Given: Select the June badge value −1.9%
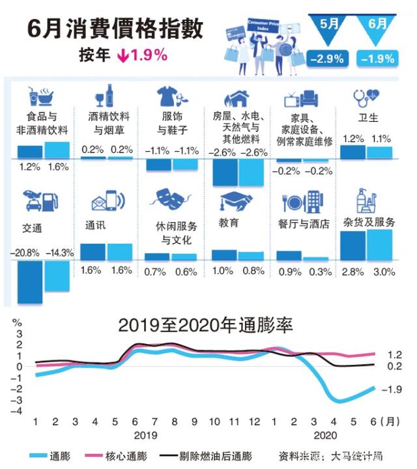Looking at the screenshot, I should click(377, 58).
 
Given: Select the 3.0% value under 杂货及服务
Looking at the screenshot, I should click(381, 270).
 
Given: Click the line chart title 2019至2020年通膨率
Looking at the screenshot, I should click(205, 324).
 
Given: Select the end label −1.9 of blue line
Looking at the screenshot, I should click(393, 390).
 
